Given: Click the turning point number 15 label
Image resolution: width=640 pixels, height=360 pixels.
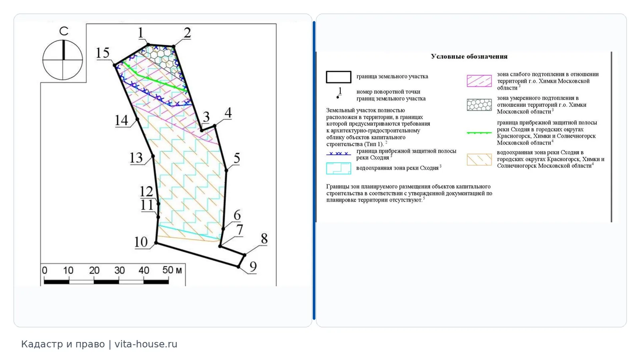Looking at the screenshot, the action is (103, 53).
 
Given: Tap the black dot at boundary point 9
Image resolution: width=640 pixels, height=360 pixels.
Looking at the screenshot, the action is (238, 266).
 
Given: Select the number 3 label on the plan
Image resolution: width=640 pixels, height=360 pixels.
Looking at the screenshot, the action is (206, 116).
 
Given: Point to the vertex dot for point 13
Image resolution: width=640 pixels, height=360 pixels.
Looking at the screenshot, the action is (153, 156).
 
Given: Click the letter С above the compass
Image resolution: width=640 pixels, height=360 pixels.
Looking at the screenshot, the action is (64, 31).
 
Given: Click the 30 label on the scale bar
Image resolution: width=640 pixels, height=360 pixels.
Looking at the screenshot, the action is (120, 270).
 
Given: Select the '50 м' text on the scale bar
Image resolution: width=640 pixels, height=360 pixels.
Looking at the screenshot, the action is (172, 270).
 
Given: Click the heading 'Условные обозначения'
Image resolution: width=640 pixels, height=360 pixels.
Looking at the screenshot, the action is (469, 56).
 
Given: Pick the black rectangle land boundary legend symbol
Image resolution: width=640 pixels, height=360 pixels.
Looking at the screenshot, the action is (338, 77).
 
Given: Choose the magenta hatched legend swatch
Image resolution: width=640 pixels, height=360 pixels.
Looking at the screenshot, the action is (479, 81).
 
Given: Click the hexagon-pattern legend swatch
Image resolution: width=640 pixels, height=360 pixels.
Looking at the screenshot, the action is (479, 105).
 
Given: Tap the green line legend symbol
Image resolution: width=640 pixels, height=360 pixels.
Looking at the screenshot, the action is (479, 133).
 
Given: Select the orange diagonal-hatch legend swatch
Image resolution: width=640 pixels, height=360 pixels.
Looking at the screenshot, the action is (479, 160).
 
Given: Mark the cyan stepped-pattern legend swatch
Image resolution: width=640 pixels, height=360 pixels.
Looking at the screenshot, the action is (338, 168).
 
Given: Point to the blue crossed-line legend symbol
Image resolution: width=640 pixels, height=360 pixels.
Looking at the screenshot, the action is (338, 154).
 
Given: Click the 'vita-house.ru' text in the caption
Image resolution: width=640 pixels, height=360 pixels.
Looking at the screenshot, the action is (146, 344).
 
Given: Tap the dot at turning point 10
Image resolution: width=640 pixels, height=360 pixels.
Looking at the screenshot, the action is (156, 243).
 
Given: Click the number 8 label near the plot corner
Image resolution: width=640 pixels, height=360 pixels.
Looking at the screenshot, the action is (264, 238).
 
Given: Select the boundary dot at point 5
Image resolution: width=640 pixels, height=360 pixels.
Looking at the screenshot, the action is (226, 170).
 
